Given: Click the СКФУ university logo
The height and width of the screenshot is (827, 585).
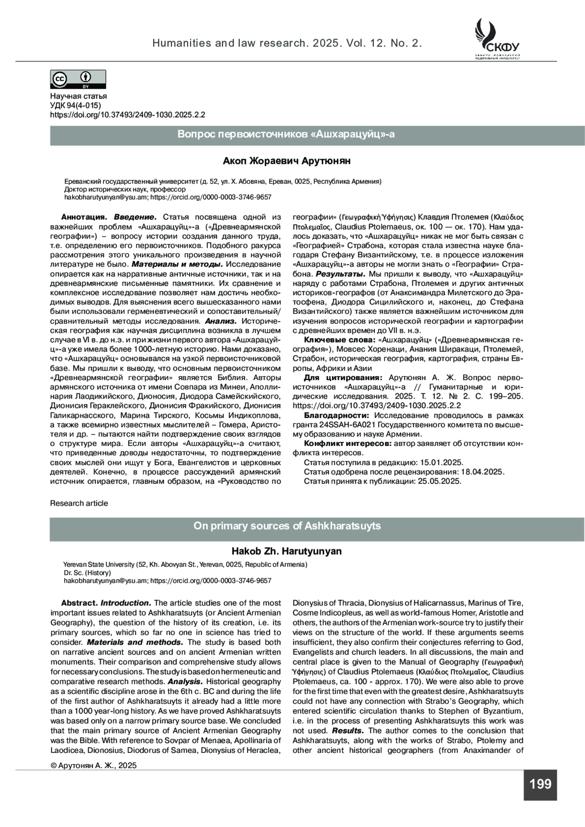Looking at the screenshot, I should pyautogui.click(x=497, y=38).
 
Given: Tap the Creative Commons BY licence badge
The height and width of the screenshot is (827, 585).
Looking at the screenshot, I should pyautogui.click(x=78, y=79).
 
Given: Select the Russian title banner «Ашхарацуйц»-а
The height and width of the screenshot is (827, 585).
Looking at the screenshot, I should pyautogui.click(x=286, y=135).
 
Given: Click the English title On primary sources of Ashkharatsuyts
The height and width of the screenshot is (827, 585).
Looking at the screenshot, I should pyautogui.click(x=287, y=526).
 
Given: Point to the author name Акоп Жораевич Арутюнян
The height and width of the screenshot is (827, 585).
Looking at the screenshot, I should pyautogui.click(x=287, y=161).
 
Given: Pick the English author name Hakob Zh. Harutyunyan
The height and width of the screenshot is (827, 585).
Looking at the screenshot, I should pyautogui.click(x=286, y=551).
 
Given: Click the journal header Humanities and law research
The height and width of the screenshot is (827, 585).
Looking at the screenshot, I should pyautogui.click(x=287, y=43).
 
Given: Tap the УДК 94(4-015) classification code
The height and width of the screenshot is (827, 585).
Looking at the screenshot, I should pyautogui.click(x=76, y=106).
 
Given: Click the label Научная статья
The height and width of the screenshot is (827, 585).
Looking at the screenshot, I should pyautogui.click(x=78, y=96).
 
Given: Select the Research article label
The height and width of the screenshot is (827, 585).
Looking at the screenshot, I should pyautogui.click(x=79, y=503).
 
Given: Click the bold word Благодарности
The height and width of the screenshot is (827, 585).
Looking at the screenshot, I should pyautogui.click(x=336, y=415).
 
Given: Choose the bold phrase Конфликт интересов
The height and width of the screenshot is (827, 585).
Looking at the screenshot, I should pyautogui.click(x=347, y=443).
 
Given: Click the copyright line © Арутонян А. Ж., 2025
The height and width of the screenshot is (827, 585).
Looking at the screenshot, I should pyautogui.click(x=94, y=765).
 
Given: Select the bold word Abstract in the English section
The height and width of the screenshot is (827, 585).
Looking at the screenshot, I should pyautogui.click(x=79, y=603).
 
